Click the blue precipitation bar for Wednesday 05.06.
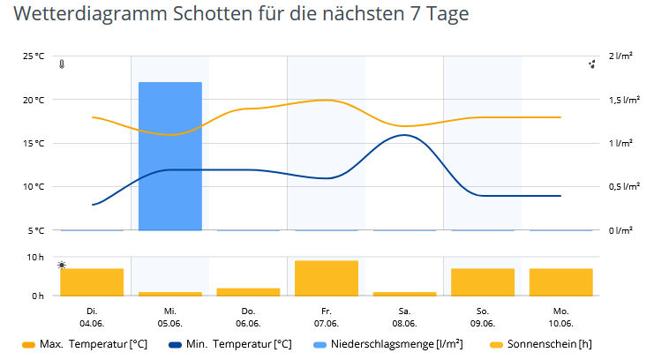point(170,156)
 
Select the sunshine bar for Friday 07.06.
point(327,278)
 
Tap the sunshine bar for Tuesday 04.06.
point(92,281)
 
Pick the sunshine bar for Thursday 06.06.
point(248,291)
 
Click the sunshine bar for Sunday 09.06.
point(483,281)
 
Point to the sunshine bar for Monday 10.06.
point(560,281)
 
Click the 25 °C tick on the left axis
point(34,56)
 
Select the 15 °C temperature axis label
point(34,143)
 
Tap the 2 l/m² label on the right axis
point(621,56)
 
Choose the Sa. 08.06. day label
point(404,317)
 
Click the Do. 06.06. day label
point(248,317)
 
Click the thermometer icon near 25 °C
point(61,64)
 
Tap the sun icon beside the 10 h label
point(61,265)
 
